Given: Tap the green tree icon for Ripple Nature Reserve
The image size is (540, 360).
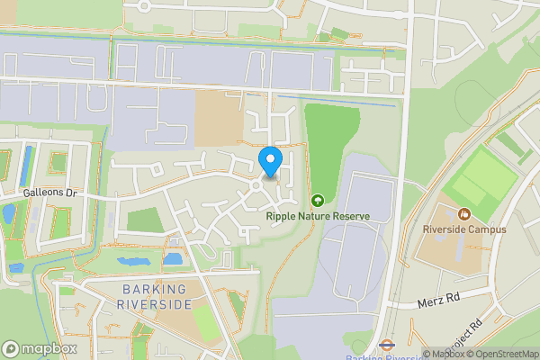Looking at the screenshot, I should (x=317, y=200).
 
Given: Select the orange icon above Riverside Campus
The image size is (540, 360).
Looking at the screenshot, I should (x=464, y=214).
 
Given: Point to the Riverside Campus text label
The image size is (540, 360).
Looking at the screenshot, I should (x=464, y=229).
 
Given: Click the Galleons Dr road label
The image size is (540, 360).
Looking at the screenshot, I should (x=52, y=193).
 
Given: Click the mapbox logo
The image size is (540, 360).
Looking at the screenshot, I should (x=40, y=348).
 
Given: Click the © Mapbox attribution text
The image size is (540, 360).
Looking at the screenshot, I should (x=444, y=354).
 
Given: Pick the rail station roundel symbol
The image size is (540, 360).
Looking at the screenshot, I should (x=384, y=343).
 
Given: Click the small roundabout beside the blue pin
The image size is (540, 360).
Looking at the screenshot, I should (x=256, y=185).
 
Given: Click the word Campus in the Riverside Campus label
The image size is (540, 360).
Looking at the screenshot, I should (x=488, y=229).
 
